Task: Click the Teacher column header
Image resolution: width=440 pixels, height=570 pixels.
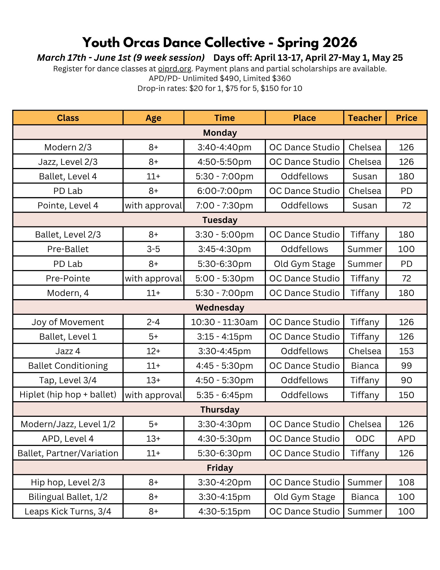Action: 365,118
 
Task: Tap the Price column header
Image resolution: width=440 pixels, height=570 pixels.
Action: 406,118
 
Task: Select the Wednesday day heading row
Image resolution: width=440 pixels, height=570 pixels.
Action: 220,307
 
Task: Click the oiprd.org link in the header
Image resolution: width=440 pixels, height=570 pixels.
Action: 175,69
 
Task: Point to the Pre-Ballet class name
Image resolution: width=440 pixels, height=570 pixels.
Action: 68,249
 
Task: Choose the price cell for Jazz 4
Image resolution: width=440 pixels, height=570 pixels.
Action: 406,351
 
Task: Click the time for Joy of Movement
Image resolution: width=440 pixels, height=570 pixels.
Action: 224,322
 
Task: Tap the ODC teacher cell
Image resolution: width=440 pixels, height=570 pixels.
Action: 365,439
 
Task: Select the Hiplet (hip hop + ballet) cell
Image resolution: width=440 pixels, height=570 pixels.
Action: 68,395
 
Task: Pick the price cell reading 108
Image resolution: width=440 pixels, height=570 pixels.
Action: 406,482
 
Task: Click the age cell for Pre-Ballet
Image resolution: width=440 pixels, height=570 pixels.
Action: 153,249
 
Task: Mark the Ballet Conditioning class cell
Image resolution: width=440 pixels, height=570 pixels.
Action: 68,366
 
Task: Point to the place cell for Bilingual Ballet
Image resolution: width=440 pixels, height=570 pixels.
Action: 304,497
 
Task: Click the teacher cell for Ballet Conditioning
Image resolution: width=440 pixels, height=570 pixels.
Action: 365,366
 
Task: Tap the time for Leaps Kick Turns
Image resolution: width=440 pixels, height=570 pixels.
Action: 224,511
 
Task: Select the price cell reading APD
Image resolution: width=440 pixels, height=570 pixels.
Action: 406,439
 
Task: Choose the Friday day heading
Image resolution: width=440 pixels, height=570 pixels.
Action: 220,468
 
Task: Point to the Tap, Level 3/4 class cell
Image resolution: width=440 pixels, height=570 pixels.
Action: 68,380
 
